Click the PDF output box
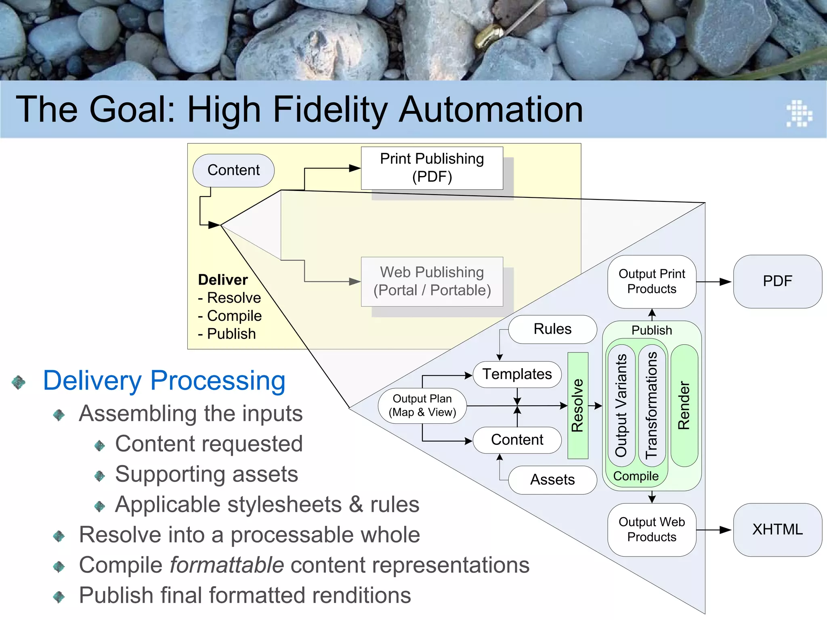[777, 281]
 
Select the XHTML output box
[777, 530]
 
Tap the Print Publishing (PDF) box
[432, 168]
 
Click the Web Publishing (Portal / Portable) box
[432, 281]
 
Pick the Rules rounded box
[552, 329]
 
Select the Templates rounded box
[517, 374]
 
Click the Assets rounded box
[552, 480]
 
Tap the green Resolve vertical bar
[578, 405]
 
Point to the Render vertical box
[684, 405]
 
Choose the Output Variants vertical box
[621, 405]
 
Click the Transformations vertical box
[652, 405]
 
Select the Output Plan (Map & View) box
[422, 405]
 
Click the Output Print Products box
[651, 281]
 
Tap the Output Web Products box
[651, 530]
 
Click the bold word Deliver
[223, 280]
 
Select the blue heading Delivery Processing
[164, 381]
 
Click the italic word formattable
[227, 565]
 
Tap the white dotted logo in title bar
[799, 113]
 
